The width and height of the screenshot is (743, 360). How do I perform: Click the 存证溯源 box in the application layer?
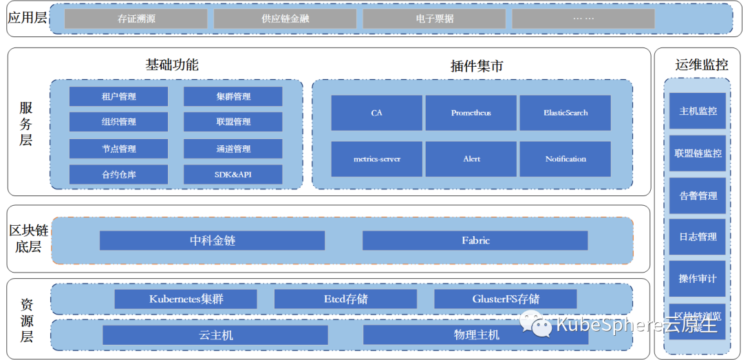(x=136, y=19)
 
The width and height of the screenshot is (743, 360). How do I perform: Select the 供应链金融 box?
(x=285, y=19)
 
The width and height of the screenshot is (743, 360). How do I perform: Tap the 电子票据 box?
(x=435, y=19)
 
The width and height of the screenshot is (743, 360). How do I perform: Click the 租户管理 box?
(x=118, y=96)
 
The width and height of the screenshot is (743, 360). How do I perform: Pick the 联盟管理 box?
(x=233, y=122)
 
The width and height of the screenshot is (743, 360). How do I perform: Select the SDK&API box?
(x=233, y=174)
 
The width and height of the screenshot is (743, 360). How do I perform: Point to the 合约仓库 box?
(x=118, y=174)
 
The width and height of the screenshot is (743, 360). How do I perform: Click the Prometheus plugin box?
(x=471, y=113)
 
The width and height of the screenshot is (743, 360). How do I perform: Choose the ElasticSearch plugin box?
(x=566, y=113)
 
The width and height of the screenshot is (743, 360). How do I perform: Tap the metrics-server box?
(x=376, y=159)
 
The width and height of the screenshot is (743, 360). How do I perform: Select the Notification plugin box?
(x=566, y=159)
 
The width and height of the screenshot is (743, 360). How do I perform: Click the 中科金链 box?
(x=212, y=240)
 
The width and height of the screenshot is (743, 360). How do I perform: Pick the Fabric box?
(x=475, y=240)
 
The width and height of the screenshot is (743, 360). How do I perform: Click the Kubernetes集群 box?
(x=186, y=299)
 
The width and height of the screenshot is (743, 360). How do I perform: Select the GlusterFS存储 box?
(x=506, y=299)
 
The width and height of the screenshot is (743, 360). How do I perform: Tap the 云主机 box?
(x=215, y=335)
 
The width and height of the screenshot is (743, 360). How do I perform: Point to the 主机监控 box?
(x=698, y=111)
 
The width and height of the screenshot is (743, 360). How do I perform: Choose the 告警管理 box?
(x=698, y=195)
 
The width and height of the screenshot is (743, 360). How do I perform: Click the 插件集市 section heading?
(x=476, y=66)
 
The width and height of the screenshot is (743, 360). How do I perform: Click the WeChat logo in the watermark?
(x=535, y=323)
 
